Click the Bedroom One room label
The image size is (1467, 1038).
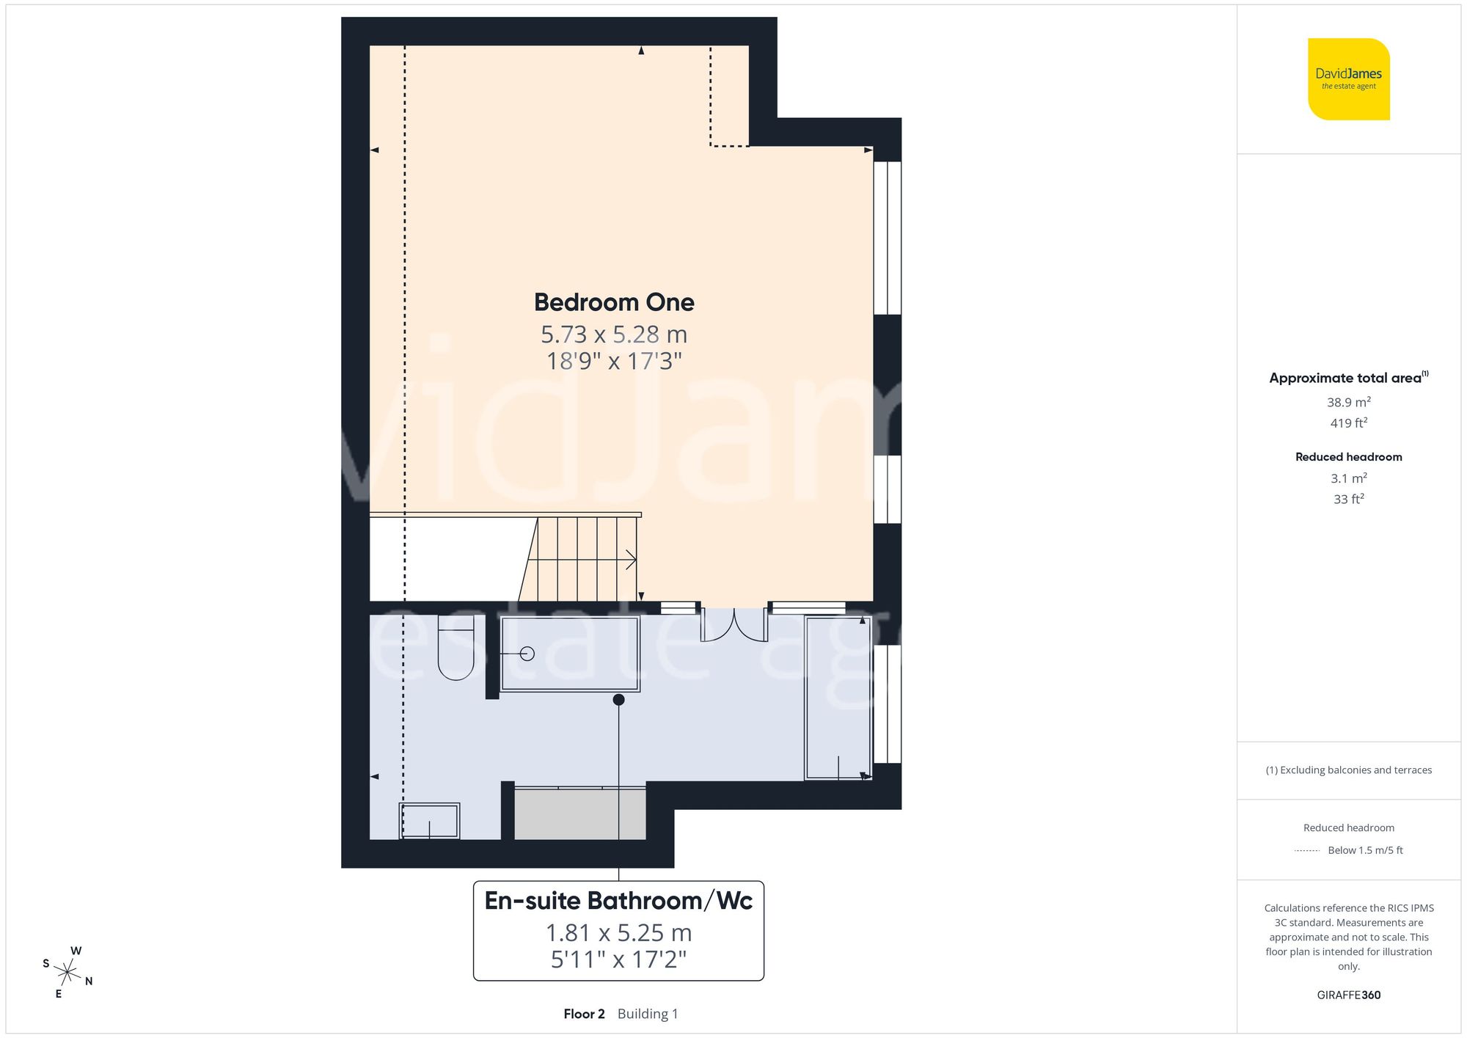point(614,302)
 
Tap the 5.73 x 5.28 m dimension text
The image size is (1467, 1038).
point(614,335)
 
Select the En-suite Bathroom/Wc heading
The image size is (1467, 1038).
point(618,901)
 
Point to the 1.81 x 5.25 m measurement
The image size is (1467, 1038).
point(618,933)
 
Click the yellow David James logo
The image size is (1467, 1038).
point(1348,79)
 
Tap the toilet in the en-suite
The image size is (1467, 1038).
point(456,649)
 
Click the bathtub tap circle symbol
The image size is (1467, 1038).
point(527,654)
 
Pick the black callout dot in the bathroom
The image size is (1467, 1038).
point(618,700)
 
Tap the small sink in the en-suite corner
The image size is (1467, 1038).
point(430,821)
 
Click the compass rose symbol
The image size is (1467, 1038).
point(67,973)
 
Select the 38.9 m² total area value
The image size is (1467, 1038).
point(1348,402)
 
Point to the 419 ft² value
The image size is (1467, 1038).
point(1348,423)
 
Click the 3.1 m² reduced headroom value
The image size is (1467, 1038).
point(1348,478)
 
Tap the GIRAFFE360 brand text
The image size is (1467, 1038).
point(1348,995)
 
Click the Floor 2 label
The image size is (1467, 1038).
point(584,1014)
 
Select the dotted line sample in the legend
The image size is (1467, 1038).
point(1307,851)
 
